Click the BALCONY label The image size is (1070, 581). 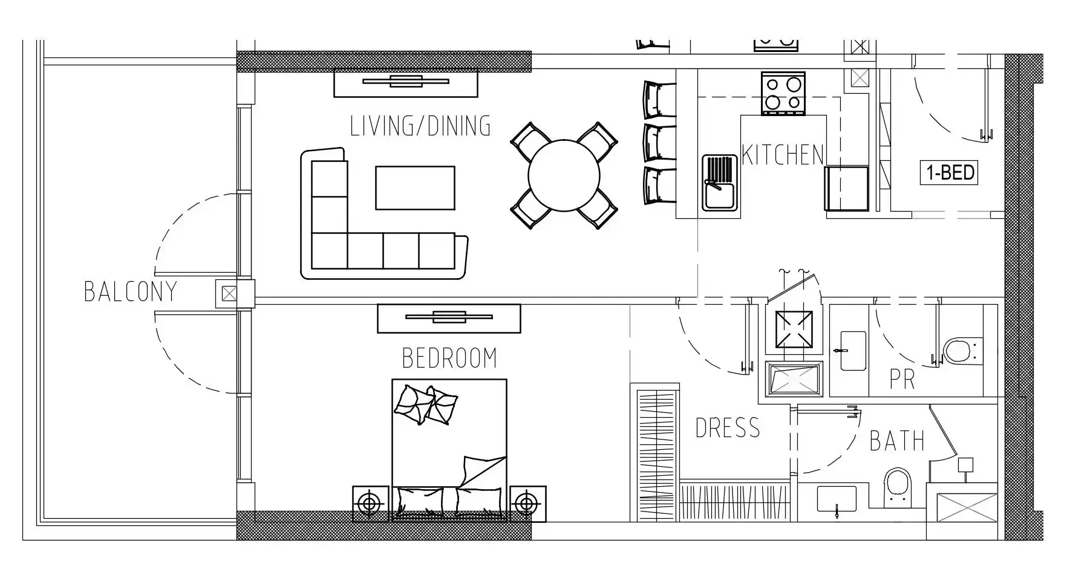[131, 291]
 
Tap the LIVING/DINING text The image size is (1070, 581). [420, 126]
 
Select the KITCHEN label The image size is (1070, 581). [783, 155]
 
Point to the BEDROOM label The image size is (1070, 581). [449, 358]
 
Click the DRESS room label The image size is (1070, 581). [728, 428]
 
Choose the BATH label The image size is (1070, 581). [897, 441]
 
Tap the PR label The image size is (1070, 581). [902, 380]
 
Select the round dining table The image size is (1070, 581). [564, 176]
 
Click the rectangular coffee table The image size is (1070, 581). [415, 188]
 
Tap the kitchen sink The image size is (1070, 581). [720, 183]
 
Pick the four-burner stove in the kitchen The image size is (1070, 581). [783, 93]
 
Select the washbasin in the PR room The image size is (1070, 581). [852, 350]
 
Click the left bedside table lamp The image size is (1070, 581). [370, 504]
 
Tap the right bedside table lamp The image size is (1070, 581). [526, 504]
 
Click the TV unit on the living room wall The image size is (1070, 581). [406, 83]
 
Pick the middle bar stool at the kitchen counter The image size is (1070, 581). [659, 143]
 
